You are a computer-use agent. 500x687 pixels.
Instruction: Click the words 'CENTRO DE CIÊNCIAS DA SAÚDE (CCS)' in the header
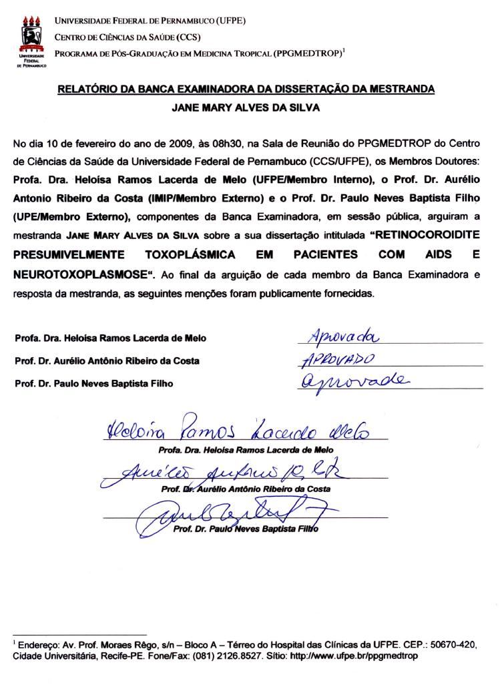pyautogui.click(x=128, y=37)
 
